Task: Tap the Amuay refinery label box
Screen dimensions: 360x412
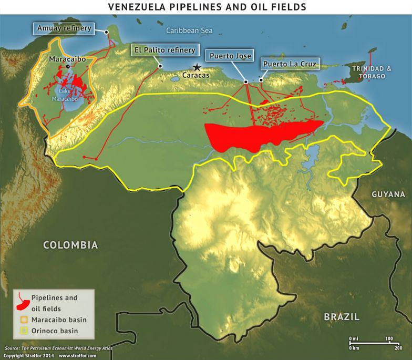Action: click(64, 28)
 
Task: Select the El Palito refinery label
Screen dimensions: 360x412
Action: click(164, 50)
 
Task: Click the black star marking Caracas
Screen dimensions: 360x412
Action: click(197, 67)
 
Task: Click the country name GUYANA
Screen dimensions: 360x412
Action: click(388, 194)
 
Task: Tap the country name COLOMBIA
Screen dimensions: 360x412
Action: click(70, 245)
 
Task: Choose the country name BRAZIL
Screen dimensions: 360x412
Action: click(341, 317)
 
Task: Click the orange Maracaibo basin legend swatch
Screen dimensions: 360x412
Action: click(23, 320)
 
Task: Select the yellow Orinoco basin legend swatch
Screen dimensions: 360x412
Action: click(23, 331)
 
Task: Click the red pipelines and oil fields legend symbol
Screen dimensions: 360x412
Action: click(23, 302)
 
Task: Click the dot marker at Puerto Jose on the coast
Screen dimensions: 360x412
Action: click(246, 82)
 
